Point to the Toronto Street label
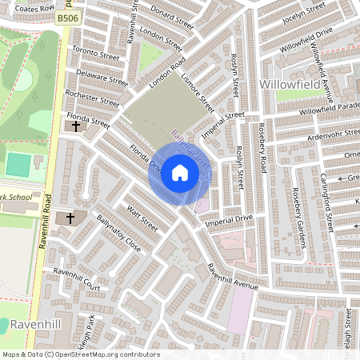click(96, 52)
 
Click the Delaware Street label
click(102, 76)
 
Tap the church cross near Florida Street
click(76, 126)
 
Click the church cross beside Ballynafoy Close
click(70, 218)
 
